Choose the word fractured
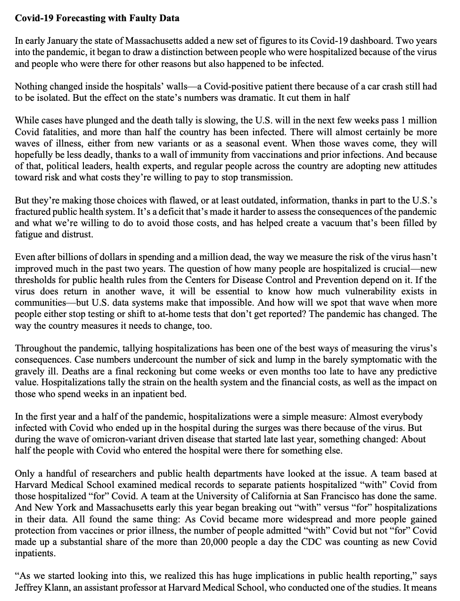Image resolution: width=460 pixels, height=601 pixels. [x=34, y=211]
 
